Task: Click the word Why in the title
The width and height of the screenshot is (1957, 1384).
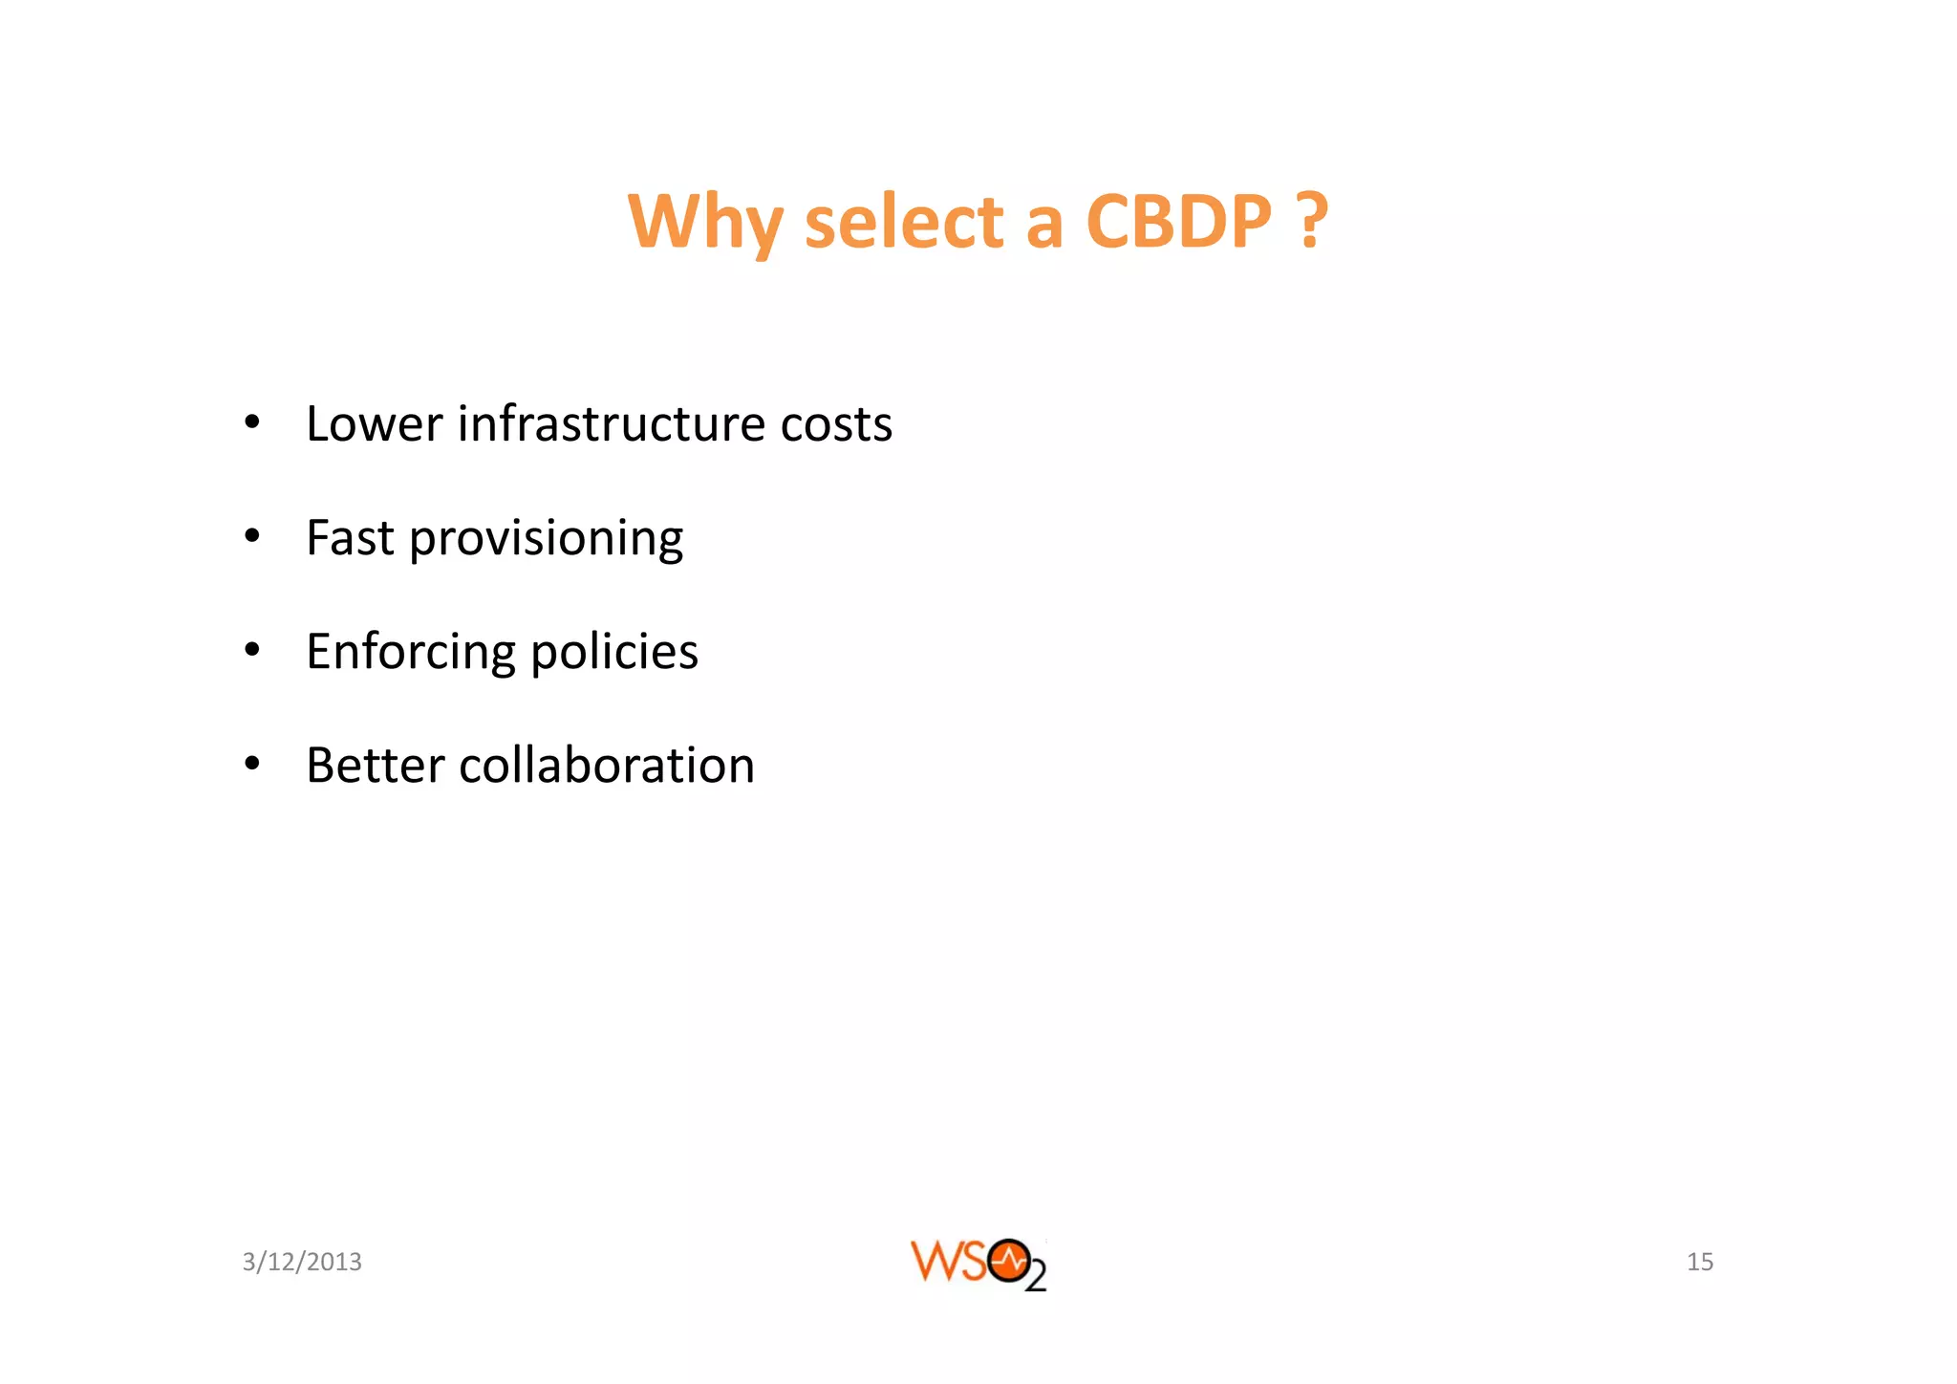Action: pyautogui.click(x=705, y=222)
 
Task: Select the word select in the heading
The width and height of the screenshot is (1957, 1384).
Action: pyautogui.click(x=904, y=222)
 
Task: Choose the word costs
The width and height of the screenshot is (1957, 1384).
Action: pyautogui.click(x=836, y=425)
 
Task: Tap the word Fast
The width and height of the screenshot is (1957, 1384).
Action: pyautogui.click(x=350, y=537)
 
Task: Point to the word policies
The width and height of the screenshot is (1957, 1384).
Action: pyautogui.click(x=614, y=653)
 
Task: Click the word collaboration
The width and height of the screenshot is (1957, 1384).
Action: pyautogui.click(x=607, y=766)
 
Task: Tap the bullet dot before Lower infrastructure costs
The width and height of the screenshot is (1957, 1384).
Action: pyautogui.click(x=251, y=423)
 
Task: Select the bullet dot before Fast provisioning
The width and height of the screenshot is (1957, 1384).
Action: pyautogui.click(x=251, y=537)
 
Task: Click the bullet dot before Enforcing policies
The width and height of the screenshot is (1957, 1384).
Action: pyautogui.click(x=251, y=651)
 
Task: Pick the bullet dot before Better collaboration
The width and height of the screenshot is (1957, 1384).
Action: pyautogui.click(x=251, y=765)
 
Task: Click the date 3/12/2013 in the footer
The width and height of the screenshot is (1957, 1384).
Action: pyautogui.click(x=302, y=1262)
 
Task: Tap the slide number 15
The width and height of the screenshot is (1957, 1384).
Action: pyautogui.click(x=1700, y=1262)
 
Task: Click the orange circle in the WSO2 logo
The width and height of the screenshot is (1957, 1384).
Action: pyautogui.click(x=1009, y=1261)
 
